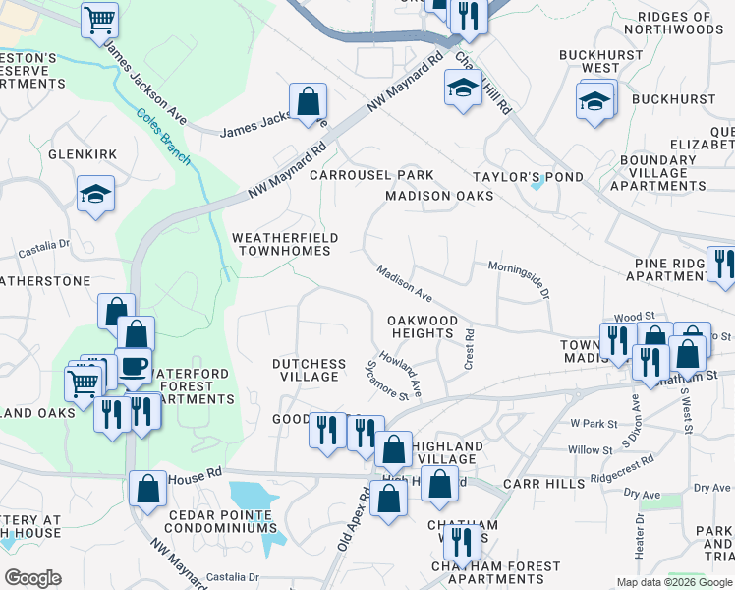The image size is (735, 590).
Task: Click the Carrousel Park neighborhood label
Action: click(371, 175)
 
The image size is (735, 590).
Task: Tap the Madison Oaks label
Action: click(439, 196)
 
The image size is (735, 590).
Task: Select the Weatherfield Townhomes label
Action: click(285, 244)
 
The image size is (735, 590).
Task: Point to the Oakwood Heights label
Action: click(423, 326)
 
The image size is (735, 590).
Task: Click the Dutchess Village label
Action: click(309, 370)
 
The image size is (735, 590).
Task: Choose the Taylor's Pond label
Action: click(528, 177)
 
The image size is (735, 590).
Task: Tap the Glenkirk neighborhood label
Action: click(83, 154)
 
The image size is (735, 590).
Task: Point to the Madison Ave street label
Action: click(405, 282)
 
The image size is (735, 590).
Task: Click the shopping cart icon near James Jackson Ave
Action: click(99, 19)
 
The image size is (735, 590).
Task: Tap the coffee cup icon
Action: click(134, 365)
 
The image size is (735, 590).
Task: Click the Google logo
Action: click(32, 578)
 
